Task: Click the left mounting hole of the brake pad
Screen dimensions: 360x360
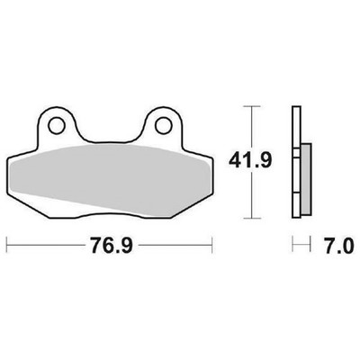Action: pyautogui.click(x=57, y=126)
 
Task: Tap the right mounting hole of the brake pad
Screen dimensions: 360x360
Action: pyautogui.click(x=164, y=126)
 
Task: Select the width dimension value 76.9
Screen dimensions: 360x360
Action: pyautogui.click(x=112, y=245)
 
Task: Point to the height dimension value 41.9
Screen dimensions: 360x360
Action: pyautogui.click(x=250, y=160)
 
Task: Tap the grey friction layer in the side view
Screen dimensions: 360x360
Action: pyautogui.click(x=306, y=179)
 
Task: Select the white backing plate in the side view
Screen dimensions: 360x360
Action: pyautogui.click(x=296, y=162)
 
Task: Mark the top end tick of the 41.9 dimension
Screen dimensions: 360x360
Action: pyautogui.click(x=251, y=106)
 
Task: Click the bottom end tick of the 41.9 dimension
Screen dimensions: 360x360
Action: pyautogui.click(x=251, y=218)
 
